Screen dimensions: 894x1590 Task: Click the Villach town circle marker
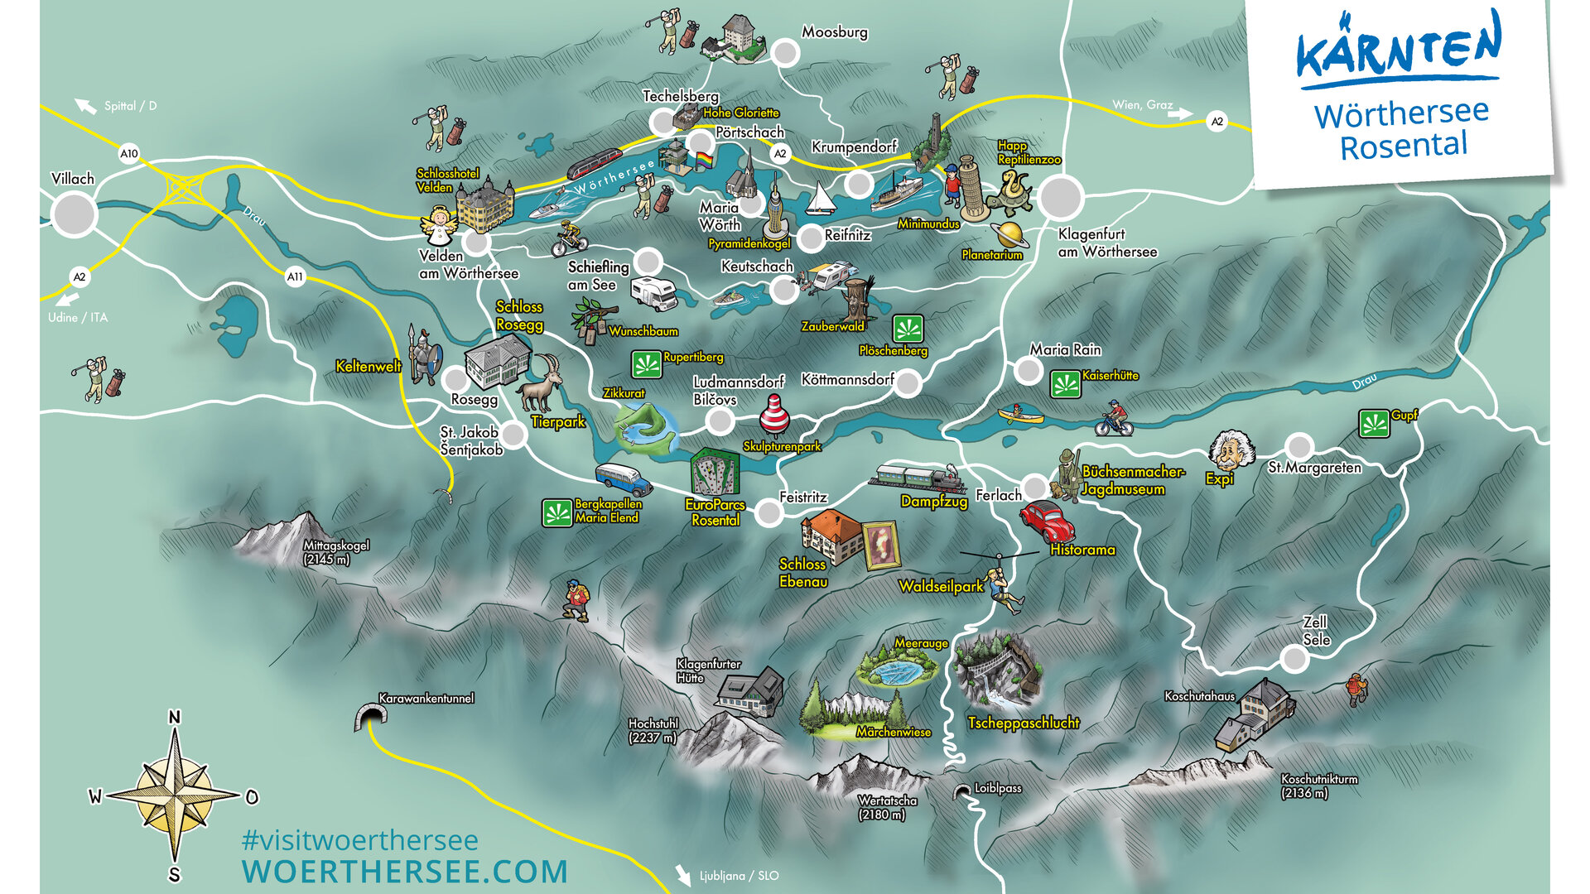click(74, 214)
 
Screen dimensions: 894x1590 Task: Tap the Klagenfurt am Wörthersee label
click(1106, 243)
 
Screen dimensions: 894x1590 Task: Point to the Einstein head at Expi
click(1231, 450)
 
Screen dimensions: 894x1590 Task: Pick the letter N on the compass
click(174, 718)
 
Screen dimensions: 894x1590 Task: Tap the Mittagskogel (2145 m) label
click(335, 552)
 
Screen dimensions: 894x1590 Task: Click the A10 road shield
click(129, 153)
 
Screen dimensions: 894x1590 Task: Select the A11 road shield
click(295, 276)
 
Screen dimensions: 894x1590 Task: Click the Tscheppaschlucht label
click(1024, 723)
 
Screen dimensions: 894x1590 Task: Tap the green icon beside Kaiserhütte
click(1065, 384)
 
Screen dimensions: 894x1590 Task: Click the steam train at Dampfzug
click(918, 478)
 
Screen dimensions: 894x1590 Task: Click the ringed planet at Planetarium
click(1011, 234)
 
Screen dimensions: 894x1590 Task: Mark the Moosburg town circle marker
click(785, 53)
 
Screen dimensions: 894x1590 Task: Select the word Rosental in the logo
click(1404, 147)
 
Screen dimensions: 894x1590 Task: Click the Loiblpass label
click(997, 788)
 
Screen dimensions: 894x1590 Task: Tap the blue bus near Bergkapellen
click(622, 479)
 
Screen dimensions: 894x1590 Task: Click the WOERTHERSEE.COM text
click(405, 872)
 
